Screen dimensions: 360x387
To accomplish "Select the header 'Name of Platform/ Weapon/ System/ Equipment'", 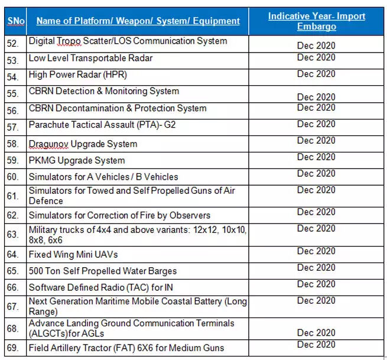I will (x=138, y=21).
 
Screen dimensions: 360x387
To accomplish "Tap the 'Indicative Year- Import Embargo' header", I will (x=316, y=21).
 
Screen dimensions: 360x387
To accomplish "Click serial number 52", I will (x=13, y=43).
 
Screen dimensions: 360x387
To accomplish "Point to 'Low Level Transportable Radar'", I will (x=90, y=58).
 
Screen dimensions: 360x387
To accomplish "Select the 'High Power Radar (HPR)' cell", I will (x=77, y=74).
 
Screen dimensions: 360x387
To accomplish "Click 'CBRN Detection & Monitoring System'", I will (x=103, y=92).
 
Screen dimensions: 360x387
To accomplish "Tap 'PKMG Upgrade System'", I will (x=77, y=160).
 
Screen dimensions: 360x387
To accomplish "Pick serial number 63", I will (x=13, y=234).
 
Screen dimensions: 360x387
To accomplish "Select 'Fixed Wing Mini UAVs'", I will (x=73, y=255).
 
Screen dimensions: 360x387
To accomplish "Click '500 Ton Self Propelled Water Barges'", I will (x=102, y=271).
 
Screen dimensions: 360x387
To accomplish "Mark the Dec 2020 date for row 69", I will (x=316, y=344).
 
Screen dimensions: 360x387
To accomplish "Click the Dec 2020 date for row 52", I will (x=316, y=45).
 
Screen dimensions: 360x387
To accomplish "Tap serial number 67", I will (x=13, y=306).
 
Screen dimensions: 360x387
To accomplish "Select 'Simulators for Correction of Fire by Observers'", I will (x=119, y=215).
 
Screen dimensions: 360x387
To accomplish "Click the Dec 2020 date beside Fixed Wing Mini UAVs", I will (x=316, y=251).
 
